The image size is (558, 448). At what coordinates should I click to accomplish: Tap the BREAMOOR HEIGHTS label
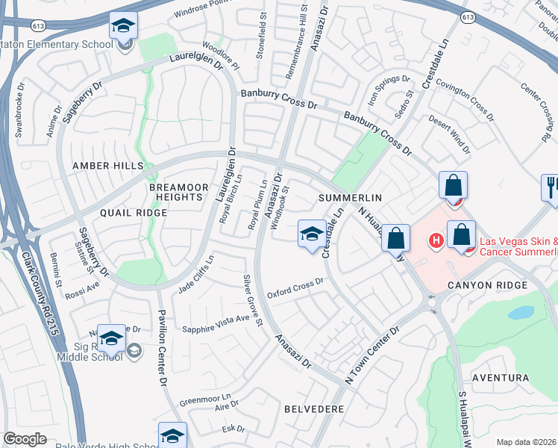176,191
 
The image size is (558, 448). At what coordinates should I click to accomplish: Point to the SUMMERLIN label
350,198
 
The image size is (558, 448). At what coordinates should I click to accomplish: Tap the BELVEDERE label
314,410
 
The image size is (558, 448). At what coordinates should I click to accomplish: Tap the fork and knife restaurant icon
551,187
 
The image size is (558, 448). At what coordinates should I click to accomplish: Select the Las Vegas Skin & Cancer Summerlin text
518,246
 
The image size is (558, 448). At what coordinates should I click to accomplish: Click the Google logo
25,439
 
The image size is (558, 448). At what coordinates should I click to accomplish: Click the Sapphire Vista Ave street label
216,318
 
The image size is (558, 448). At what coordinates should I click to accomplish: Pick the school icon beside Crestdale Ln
311,234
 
